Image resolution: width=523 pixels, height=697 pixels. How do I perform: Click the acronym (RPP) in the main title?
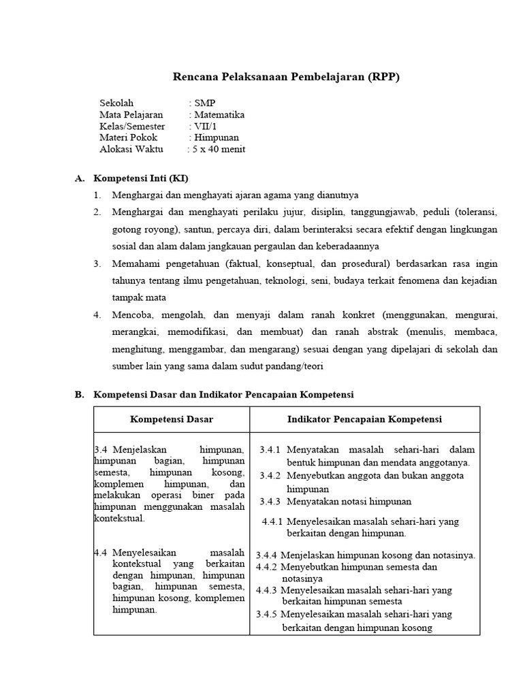(x=385, y=78)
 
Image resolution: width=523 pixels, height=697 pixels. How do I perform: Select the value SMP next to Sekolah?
(x=204, y=103)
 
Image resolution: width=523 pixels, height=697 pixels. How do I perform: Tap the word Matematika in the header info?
(x=219, y=115)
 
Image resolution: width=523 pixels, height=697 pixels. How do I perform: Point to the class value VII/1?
(x=204, y=127)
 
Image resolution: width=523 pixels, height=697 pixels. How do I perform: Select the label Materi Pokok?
(x=128, y=138)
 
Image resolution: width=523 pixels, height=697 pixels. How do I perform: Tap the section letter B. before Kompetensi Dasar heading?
(x=79, y=395)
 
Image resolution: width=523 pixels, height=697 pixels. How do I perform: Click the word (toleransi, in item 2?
(x=477, y=212)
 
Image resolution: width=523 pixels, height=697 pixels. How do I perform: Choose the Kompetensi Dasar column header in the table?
(x=172, y=419)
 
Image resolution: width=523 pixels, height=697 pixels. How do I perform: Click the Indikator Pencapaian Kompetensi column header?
(x=364, y=419)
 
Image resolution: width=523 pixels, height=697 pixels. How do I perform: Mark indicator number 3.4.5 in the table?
(x=268, y=615)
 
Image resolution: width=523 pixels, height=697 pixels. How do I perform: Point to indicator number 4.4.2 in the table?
(x=267, y=567)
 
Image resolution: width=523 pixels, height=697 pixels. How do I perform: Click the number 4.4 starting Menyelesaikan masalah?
(x=102, y=552)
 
